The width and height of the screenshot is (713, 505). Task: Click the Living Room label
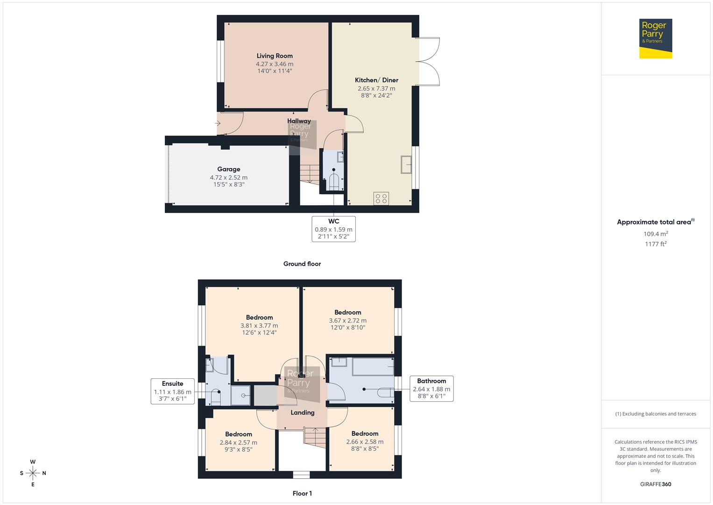(275, 56)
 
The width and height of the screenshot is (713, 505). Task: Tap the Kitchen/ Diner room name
(376, 80)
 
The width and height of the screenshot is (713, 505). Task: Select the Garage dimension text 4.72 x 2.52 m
(229, 178)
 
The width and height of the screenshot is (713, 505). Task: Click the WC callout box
(333, 229)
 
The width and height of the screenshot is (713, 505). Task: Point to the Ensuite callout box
(172, 391)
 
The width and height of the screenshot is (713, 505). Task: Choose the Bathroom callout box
(431, 389)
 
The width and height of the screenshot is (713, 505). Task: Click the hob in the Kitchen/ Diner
(381, 198)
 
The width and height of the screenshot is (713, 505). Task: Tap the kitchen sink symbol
(406, 165)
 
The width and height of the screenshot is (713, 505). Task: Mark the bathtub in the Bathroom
(373, 367)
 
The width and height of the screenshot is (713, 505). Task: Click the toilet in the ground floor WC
(333, 181)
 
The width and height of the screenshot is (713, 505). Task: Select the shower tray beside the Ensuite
(242, 396)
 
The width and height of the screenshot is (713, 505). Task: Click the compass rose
(33, 473)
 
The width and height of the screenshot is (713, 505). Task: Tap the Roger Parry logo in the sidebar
(656, 38)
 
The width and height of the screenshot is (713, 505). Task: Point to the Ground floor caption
(302, 264)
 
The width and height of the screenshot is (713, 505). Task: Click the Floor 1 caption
(302, 493)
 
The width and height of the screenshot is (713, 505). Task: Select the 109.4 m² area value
(656, 234)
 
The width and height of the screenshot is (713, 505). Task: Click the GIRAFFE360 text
(656, 484)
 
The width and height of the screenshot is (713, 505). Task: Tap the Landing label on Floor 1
(303, 412)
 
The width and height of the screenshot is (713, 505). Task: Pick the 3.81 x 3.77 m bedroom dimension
(259, 325)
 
